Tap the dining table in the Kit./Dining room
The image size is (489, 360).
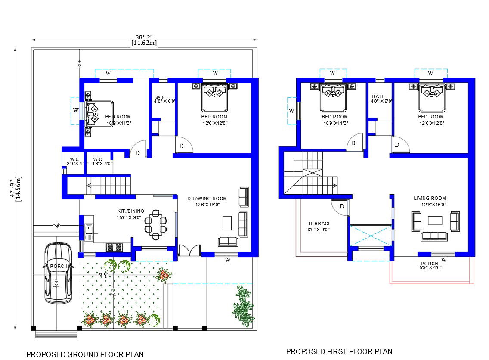point(155,223)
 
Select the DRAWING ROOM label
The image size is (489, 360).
point(207,199)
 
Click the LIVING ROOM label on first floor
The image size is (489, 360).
point(430,198)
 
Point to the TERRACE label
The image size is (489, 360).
point(319,223)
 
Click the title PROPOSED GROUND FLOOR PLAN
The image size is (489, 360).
point(85,354)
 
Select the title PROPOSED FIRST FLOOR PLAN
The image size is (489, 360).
point(339,351)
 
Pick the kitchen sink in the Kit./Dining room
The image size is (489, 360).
point(89,232)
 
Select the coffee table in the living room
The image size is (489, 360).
point(435,220)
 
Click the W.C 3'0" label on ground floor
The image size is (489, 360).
point(74,161)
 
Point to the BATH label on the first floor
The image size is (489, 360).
point(378,96)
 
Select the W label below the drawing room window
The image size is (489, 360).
point(228,260)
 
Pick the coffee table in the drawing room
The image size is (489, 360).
point(227,223)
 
